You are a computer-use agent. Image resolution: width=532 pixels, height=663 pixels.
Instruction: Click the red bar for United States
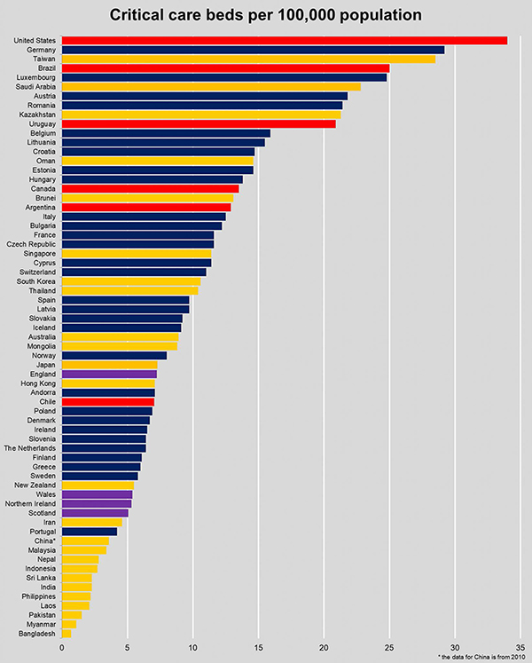pyautogui.click(x=284, y=40)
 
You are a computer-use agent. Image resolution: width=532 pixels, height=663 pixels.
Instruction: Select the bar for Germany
pyautogui.click(x=253, y=50)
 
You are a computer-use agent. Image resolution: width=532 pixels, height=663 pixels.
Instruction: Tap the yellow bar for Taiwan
pyautogui.click(x=248, y=59)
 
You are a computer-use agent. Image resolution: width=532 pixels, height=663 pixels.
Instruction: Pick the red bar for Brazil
pyautogui.click(x=225, y=68)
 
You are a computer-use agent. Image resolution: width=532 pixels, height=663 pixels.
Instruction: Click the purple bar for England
pyautogui.click(x=109, y=374)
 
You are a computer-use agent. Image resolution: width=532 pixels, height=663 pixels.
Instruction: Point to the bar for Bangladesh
pyautogui.click(x=66, y=634)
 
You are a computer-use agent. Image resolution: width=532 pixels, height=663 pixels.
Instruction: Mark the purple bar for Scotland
pyautogui.click(x=95, y=513)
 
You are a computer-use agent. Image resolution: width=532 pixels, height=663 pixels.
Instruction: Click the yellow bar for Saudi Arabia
pyautogui.click(x=211, y=87)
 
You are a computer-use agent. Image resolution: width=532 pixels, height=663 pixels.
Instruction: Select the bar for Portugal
pyautogui.click(x=90, y=532)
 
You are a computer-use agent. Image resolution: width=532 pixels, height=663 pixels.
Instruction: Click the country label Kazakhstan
pyautogui.click(x=37, y=114)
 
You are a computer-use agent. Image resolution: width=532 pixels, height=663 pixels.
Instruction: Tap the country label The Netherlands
pyautogui.click(x=30, y=448)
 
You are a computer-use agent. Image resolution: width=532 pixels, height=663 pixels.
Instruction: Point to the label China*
pyautogui.click(x=44, y=541)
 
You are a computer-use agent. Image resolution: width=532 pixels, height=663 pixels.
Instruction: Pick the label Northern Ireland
pyautogui.click(x=33, y=503)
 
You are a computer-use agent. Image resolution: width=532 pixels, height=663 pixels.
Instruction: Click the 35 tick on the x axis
pyautogui.click(x=520, y=647)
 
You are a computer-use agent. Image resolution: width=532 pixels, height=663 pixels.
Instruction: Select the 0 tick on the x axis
pyautogui.click(x=62, y=647)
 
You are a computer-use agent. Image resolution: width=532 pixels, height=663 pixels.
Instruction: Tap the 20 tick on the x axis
pyautogui.click(x=324, y=647)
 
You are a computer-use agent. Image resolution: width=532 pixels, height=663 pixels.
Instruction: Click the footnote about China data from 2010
pyautogui.click(x=481, y=657)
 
